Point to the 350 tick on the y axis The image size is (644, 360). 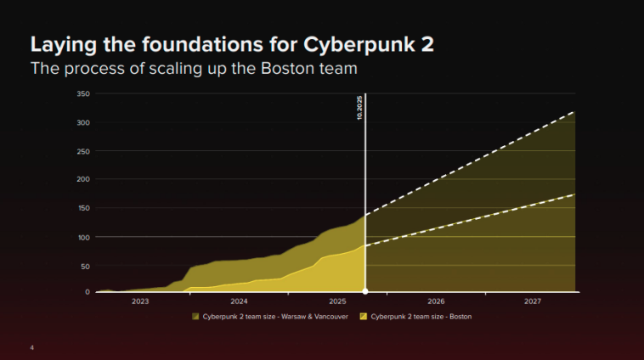[83, 93]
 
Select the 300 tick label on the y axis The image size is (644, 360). [83, 122]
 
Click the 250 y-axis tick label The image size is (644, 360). [83, 151]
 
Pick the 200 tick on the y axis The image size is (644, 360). [83, 179]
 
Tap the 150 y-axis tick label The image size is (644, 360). [83, 208]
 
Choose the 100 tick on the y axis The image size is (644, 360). [83, 237]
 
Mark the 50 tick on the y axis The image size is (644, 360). [85, 266]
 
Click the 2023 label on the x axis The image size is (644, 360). [140, 301]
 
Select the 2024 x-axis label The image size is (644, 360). [239, 301]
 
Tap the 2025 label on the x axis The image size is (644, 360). [337, 301]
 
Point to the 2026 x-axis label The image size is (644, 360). [436, 301]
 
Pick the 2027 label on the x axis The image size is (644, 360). [533, 301]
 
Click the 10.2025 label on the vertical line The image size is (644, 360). [359, 109]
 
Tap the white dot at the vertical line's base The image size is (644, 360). [365, 292]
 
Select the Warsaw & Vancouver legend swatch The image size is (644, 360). [196, 317]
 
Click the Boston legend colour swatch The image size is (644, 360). [364, 317]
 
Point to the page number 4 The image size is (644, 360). [31, 347]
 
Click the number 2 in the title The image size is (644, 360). [426, 44]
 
